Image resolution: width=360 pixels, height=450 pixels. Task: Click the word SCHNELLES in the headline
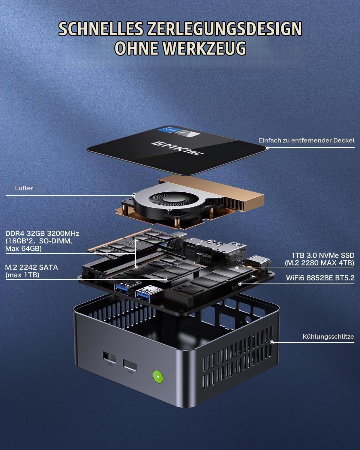[x=101, y=28]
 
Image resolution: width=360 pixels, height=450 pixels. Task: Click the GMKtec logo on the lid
[x=177, y=148]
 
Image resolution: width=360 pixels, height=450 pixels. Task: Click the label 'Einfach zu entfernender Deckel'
[x=307, y=140]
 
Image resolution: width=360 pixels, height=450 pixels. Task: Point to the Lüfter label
[x=24, y=188]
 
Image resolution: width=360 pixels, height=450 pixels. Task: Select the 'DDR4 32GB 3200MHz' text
[x=42, y=234]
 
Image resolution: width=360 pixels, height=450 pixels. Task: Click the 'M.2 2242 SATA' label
[x=31, y=267]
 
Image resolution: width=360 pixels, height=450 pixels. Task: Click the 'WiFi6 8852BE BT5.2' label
[x=320, y=278]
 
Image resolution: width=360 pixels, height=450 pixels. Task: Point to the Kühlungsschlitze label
[x=328, y=337]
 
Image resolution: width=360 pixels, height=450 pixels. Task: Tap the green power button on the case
[x=158, y=376]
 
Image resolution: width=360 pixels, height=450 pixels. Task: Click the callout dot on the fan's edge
[x=134, y=196]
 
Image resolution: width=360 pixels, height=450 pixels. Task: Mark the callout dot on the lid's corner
[x=267, y=148]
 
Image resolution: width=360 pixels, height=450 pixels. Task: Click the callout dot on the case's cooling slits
[x=272, y=342]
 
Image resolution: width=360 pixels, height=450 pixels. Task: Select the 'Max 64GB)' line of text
[x=23, y=249]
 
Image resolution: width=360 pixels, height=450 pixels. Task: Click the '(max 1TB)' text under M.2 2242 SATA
[x=22, y=275]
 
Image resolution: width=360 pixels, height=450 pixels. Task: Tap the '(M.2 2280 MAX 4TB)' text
[x=319, y=263]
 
